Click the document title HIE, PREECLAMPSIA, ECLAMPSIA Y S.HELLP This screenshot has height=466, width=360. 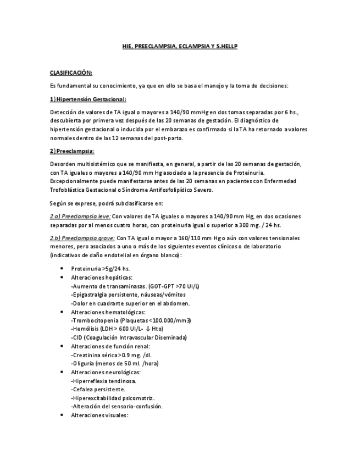(180, 47)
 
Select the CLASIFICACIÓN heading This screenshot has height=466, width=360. (71, 73)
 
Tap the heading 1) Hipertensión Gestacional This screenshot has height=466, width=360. (88, 99)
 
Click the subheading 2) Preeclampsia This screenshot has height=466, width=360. (72, 151)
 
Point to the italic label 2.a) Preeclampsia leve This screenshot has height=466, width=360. (80, 216)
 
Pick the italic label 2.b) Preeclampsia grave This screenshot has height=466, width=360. (82, 238)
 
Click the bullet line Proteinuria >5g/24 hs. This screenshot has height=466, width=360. (101, 269)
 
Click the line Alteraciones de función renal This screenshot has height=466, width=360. (110, 346)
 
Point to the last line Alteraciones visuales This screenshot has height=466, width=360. (99, 415)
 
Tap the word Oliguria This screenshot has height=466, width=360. (84, 363)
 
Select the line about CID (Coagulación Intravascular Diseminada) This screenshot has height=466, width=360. (129, 337)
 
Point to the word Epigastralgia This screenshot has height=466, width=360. (92, 295)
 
